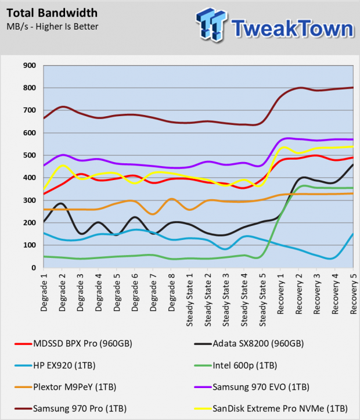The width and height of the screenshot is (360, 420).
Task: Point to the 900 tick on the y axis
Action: pyautogui.click(x=29, y=66)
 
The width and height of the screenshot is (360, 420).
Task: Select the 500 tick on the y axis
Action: pyautogui.click(x=29, y=156)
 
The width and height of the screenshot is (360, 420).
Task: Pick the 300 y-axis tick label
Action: pyautogui.click(x=29, y=200)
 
